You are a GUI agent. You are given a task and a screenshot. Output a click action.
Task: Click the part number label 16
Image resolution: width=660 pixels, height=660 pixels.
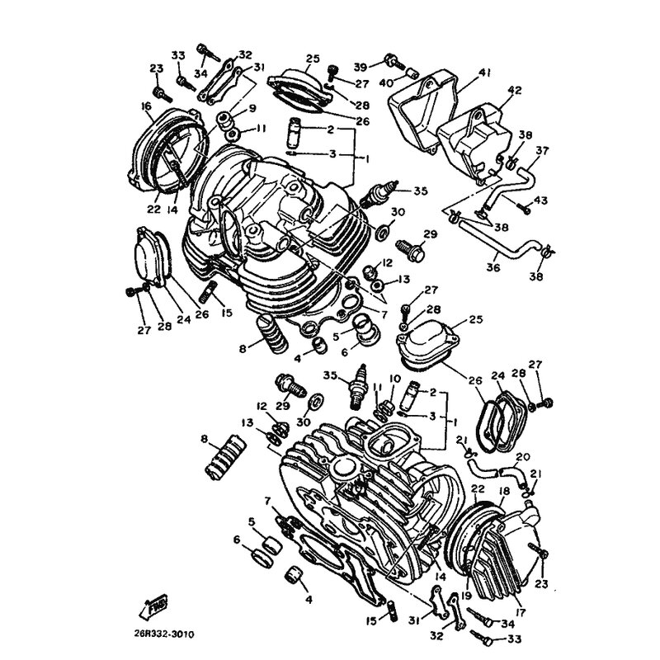pyautogui.click(x=147, y=106)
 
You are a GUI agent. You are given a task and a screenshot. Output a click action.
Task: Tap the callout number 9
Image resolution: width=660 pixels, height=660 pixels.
pyautogui.click(x=252, y=109)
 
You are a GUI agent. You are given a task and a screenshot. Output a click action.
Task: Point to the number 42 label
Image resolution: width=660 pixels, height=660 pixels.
pyautogui.click(x=515, y=91)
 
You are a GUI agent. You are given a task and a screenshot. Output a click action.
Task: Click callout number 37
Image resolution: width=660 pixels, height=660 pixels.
pyautogui.click(x=543, y=150)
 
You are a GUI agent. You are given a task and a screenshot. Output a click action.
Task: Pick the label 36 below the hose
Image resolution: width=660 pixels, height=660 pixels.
pyautogui.click(x=493, y=267)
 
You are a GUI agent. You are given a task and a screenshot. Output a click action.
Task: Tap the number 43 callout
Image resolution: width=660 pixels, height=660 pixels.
pyautogui.click(x=540, y=200)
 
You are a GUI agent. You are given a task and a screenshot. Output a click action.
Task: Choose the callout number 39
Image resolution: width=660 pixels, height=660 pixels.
pyautogui.click(x=361, y=67)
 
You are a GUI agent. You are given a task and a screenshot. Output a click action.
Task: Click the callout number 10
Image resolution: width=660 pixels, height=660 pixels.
pyautogui.click(x=395, y=379)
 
